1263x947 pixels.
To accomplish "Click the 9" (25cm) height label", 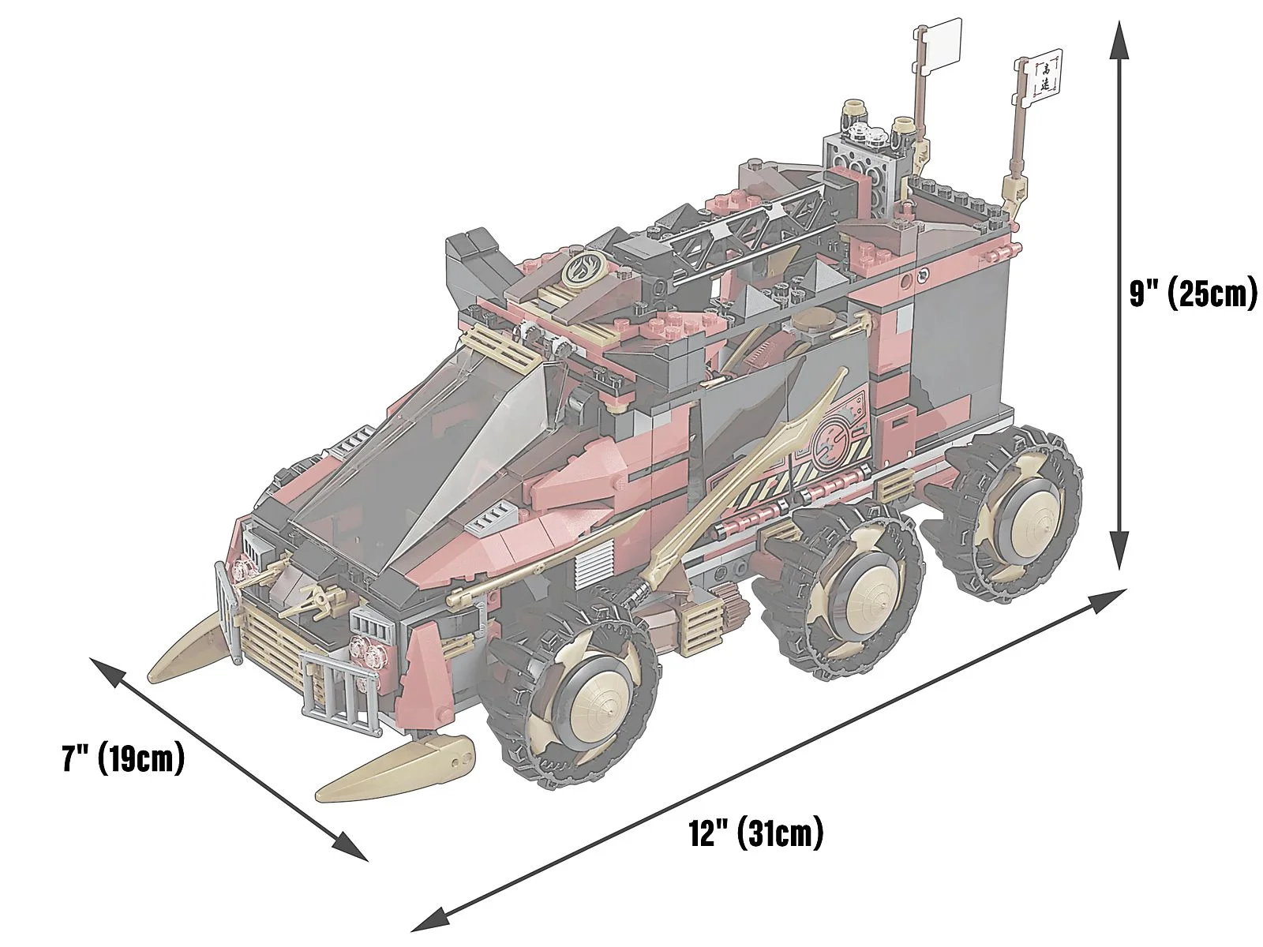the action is tap(1193, 296).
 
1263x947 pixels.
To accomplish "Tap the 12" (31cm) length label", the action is tap(756, 833).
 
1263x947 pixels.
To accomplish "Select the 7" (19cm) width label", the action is tap(124, 758).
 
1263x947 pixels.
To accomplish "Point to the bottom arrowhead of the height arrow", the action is tap(1118, 552).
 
